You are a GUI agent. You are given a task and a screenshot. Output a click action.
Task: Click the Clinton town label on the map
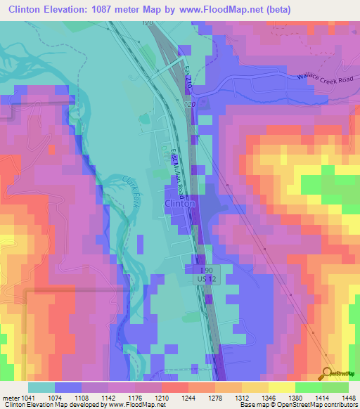coord(179,203)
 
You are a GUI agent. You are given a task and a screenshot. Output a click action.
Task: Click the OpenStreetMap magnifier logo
coord(327,373)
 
